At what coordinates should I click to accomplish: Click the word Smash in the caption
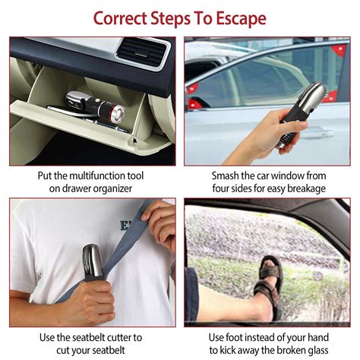228,175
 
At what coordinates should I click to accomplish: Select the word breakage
304,188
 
